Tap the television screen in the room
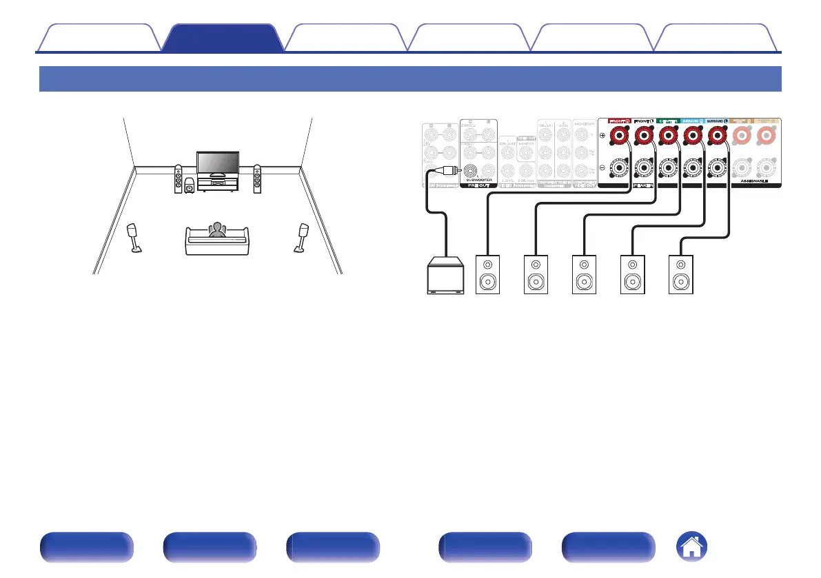pyautogui.click(x=217, y=163)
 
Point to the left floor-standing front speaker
pyautogui.click(x=179, y=179)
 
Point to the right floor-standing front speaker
pyautogui.click(x=257, y=179)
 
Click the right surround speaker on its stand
pyautogui.click(x=302, y=237)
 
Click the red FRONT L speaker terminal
pyautogui.click(x=644, y=136)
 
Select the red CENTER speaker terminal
pyautogui.click(x=667, y=136)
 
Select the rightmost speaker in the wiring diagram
pyautogui.click(x=679, y=275)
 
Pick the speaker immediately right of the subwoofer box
pyautogui.click(x=488, y=275)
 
